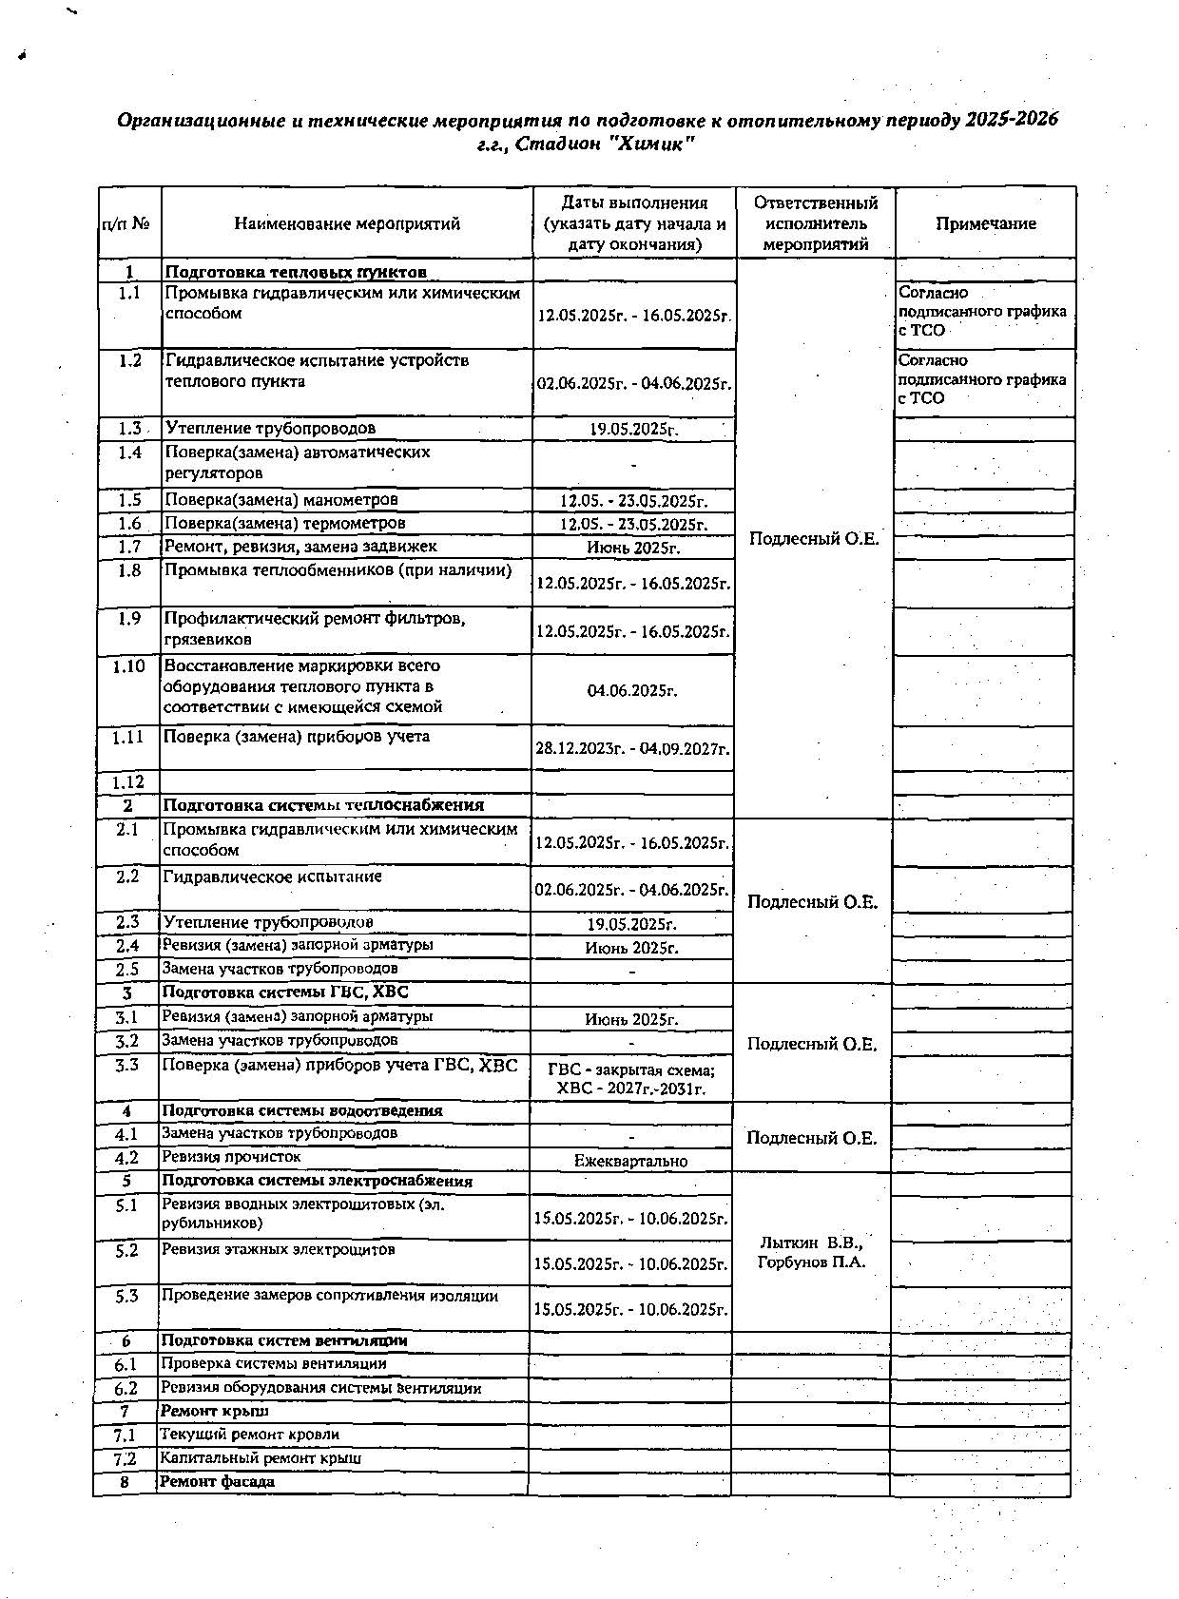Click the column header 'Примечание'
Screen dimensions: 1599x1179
(x=985, y=224)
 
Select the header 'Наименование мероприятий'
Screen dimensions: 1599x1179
(x=347, y=224)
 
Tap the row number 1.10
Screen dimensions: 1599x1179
(x=128, y=666)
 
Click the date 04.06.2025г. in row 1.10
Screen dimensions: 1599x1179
(x=632, y=691)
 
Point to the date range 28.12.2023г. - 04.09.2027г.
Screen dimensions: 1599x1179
(x=632, y=750)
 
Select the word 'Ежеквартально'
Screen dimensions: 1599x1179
(x=630, y=1161)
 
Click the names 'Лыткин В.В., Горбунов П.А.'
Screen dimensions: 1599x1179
(x=811, y=1253)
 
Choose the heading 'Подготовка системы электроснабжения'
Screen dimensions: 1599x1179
(x=317, y=1182)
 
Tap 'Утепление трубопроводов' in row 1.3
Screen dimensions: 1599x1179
(x=270, y=429)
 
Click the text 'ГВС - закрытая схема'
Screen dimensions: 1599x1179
(x=631, y=1070)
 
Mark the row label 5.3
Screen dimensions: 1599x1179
(x=126, y=1296)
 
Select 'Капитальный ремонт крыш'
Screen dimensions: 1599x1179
(x=261, y=1458)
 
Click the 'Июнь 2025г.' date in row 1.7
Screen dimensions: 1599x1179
(x=632, y=548)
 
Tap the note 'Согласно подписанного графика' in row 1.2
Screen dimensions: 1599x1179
(x=982, y=379)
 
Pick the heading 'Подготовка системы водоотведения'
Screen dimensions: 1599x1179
(x=301, y=1110)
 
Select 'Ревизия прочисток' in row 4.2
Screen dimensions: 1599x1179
(x=231, y=1157)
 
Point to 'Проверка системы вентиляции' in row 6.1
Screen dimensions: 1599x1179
(x=273, y=1364)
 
